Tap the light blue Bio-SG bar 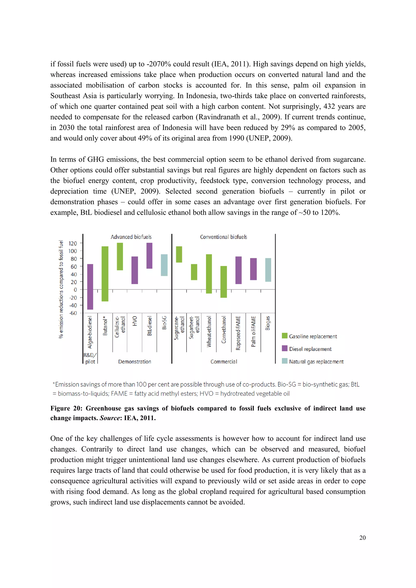pyautogui.click(x=164, y=265)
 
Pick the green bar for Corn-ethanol pyautogui.click(x=223, y=282)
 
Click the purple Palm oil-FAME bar pyautogui.click(x=253, y=269)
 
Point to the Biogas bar pyautogui.click(x=268, y=270)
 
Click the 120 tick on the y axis pyautogui.click(x=73, y=243)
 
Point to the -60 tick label pyautogui.click(x=73, y=313)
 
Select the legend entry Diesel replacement pyautogui.click(x=310, y=349)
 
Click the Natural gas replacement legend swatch pyautogui.click(x=284, y=361)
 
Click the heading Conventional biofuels pyautogui.click(x=223, y=237)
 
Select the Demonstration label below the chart pyautogui.click(x=134, y=362)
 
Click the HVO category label pyautogui.click(x=135, y=321)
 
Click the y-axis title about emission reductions pyautogui.click(x=61, y=289)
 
